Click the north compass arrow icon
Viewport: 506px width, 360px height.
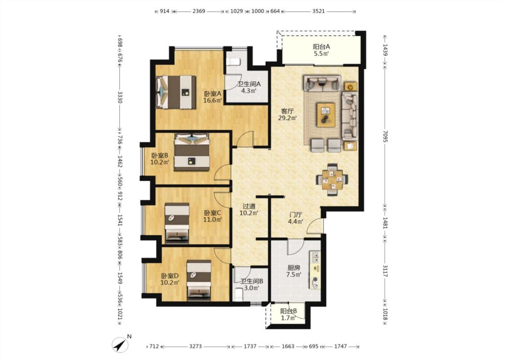[120, 345]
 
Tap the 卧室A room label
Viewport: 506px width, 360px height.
[213, 94]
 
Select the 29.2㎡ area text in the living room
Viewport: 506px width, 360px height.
[287, 118]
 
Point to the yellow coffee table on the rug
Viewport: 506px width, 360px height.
[326, 114]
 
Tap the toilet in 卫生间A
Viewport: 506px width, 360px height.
[233, 61]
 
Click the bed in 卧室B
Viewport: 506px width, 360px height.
[192, 152]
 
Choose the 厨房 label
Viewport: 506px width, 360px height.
[294, 268]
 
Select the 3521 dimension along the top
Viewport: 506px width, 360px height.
[318, 11]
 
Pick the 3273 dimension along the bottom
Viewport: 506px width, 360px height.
[195, 346]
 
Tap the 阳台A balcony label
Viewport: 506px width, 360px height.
[322, 46]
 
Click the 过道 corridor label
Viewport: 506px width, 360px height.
[249, 206]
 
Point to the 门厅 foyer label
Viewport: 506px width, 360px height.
[296, 215]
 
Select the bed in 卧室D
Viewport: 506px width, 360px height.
[199, 280]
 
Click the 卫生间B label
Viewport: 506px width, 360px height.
[252, 281]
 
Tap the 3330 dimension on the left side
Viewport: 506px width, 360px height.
[120, 97]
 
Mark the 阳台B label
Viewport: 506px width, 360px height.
[288, 311]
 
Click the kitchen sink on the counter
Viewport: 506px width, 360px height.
[315, 257]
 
